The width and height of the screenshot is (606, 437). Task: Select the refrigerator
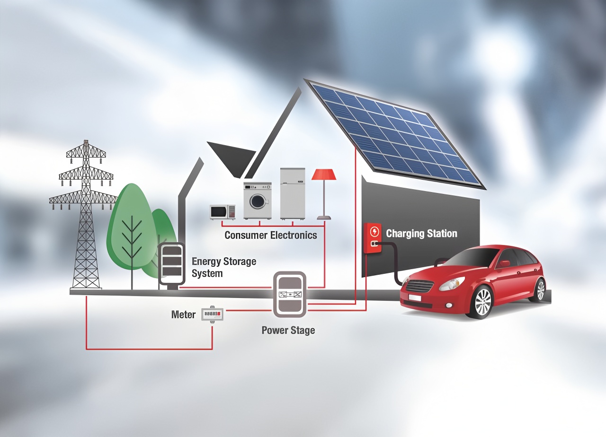pyautogui.click(x=293, y=193)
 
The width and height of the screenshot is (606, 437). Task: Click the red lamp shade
pyautogui.click(x=324, y=175)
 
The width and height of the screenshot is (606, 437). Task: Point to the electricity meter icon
pyautogui.click(x=213, y=314)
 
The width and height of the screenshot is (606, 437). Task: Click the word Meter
pyautogui.click(x=183, y=315)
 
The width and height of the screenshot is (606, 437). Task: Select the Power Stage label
pyautogui.click(x=288, y=331)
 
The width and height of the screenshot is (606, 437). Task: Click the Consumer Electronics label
pyautogui.click(x=270, y=235)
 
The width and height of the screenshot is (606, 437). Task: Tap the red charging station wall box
pyautogui.click(x=373, y=238)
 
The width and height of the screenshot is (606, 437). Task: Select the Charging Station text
pyautogui.click(x=421, y=234)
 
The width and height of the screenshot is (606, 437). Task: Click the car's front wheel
pyautogui.click(x=483, y=302)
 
